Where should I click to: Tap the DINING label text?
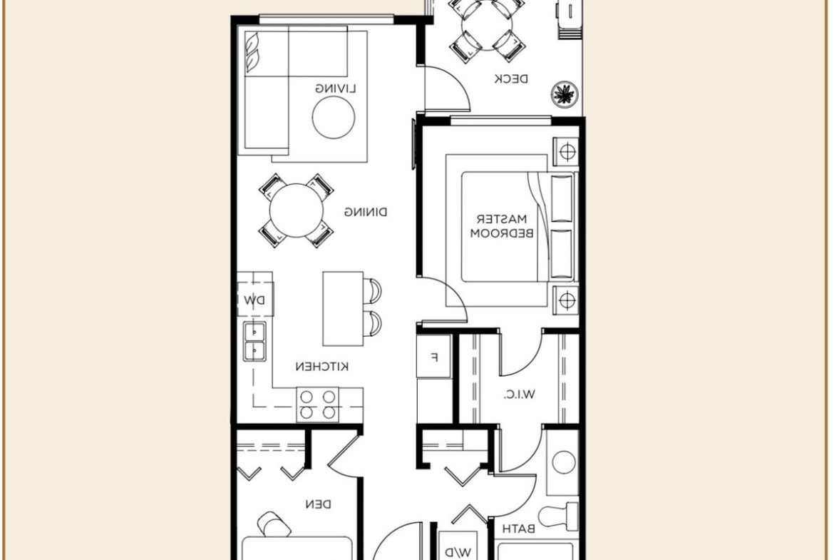pos(366,213)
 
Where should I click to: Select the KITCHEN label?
pos(321,366)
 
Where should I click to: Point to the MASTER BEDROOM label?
pos(502,225)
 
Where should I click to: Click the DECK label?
pos(511,79)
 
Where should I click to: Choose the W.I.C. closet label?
pos(519,395)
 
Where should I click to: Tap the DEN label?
pos(319,504)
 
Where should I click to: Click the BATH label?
pos(519,529)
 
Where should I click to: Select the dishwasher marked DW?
pos(255,300)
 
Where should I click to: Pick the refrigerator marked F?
pos(434,357)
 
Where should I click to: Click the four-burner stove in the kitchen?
pos(317,404)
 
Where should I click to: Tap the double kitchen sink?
pos(254,341)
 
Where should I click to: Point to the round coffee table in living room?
pos(334,118)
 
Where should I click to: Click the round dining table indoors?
pos(297,210)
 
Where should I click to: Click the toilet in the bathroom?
pos(558,515)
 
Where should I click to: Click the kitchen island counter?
pos(343,309)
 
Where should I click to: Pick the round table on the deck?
pos(488,26)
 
